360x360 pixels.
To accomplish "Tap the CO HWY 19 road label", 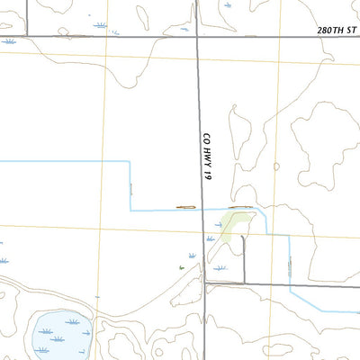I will click(207, 157).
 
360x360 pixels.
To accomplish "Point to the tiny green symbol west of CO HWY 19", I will click(181, 267).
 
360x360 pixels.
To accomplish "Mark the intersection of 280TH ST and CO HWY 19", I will click(199, 36).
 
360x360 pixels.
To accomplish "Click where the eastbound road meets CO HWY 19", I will click(204, 283).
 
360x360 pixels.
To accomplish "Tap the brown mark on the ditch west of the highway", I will click(185, 207).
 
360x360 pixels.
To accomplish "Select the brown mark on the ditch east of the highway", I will click(238, 207).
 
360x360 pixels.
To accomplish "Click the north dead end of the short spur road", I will click(243, 236).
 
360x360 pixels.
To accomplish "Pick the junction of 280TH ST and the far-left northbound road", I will click(27, 36).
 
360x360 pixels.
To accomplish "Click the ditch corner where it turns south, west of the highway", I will click(131, 161).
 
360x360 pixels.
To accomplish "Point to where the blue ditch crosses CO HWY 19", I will click(202, 209).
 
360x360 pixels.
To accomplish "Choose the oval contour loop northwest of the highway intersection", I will click(144, 15).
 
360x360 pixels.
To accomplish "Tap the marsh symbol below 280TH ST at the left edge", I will click(9, 41).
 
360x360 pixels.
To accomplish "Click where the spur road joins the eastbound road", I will click(243, 283).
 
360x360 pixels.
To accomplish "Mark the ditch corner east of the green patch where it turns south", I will click(289, 236).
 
